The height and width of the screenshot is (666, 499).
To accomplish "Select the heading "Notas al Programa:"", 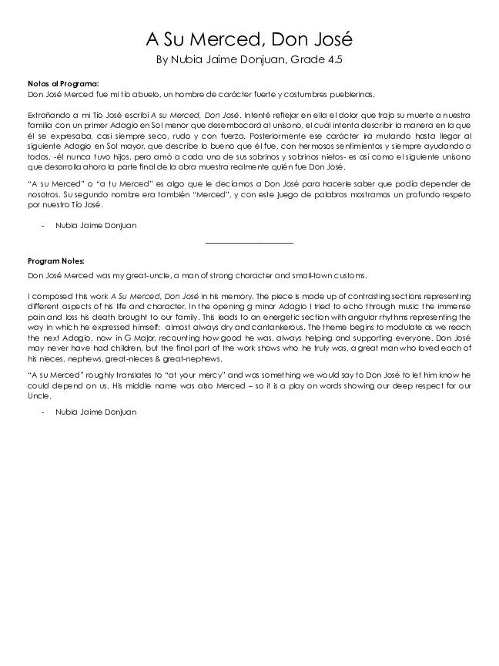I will pyautogui.click(x=62, y=84).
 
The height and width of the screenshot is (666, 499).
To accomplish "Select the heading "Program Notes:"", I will pyautogui.click(x=56, y=261).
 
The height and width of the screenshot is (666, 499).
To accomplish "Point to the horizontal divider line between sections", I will pyautogui.click(x=249, y=244).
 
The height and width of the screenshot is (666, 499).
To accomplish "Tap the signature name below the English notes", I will pyautogui.click(x=95, y=412).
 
